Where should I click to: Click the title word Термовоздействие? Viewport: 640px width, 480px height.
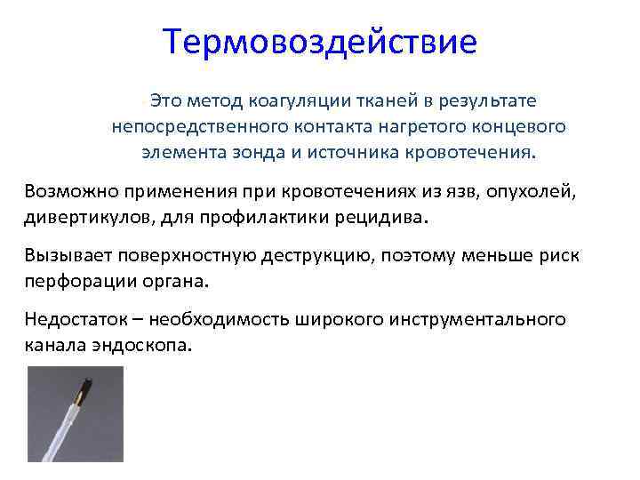point(320,42)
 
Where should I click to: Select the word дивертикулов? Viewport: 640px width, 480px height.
point(84,216)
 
